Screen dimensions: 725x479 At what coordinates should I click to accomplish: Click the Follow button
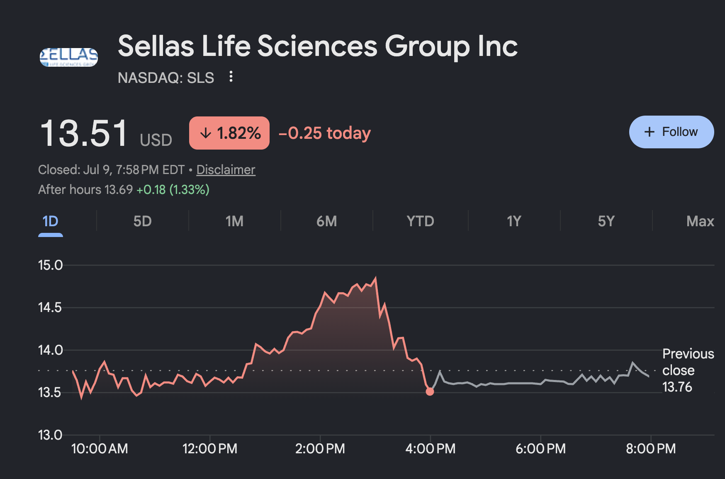[x=671, y=132]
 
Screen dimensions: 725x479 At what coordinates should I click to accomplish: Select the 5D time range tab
[x=142, y=221]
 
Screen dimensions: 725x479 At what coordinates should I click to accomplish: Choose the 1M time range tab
[x=234, y=221]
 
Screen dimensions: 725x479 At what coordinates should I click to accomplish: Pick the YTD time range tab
[x=420, y=221]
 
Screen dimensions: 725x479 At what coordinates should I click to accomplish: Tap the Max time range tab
[x=700, y=221]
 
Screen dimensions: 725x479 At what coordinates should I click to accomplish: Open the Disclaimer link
[x=226, y=169]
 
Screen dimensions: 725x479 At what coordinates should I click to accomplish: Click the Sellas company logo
[x=69, y=57]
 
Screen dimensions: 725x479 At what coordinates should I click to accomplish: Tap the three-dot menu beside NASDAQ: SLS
[x=231, y=77]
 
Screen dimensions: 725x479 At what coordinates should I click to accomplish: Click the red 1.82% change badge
[x=229, y=133]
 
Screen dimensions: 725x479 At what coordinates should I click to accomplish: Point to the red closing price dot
[x=430, y=392]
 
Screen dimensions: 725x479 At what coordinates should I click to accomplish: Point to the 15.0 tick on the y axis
[x=50, y=265]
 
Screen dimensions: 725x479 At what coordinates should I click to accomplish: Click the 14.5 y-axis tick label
[x=50, y=307]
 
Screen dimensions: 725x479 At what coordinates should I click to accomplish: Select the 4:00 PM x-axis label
[x=431, y=448]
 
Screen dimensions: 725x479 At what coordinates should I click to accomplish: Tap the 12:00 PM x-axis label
[x=210, y=448]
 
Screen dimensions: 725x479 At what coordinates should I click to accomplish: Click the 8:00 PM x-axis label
[x=651, y=448]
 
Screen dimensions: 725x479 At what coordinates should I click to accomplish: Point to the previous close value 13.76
[x=677, y=387]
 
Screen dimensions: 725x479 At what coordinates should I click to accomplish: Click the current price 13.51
[x=84, y=133]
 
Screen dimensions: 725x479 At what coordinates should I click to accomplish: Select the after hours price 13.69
[x=119, y=190]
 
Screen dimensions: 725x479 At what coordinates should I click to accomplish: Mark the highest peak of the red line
[x=376, y=278]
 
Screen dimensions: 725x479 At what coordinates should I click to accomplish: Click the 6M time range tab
[x=326, y=221]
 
